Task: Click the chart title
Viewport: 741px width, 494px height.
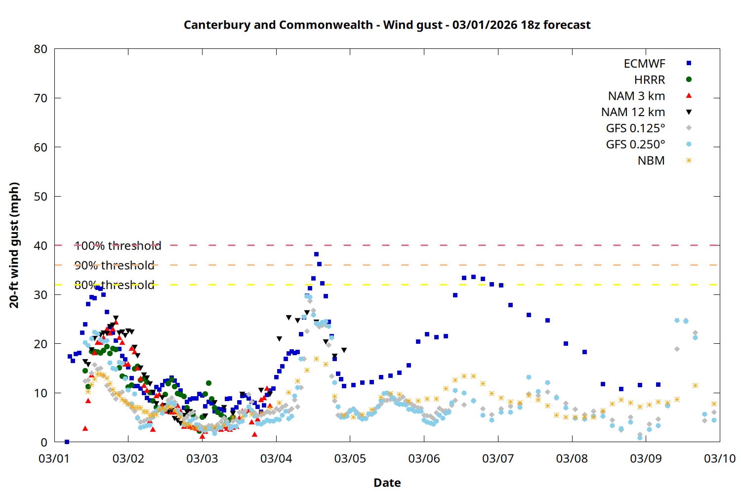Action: point(387,25)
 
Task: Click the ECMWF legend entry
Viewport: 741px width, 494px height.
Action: point(644,64)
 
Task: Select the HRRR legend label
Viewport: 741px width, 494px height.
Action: point(650,80)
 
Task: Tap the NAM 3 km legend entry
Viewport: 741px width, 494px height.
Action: point(636,96)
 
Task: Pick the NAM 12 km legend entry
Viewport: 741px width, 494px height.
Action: point(633,112)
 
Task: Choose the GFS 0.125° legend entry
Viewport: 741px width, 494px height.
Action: point(635,128)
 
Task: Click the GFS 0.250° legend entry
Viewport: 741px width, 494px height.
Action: point(635,145)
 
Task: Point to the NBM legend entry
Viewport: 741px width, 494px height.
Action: point(651,161)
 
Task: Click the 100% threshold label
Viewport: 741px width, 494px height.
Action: point(118,246)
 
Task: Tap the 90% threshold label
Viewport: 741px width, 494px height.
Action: point(114,265)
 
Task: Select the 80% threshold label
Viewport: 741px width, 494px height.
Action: point(114,285)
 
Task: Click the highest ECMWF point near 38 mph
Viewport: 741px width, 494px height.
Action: point(316,254)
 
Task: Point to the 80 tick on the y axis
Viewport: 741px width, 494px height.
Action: point(41,49)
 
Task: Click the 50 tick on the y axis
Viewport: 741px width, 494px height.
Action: point(41,196)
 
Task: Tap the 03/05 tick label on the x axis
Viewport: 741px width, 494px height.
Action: point(350,458)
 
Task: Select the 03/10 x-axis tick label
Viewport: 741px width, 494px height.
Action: point(719,458)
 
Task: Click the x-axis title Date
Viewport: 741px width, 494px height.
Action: point(387,483)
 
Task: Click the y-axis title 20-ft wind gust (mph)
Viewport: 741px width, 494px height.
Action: point(14,245)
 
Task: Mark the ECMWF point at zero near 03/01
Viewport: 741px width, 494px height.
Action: point(67,442)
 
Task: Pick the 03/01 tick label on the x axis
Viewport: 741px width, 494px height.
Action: point(54,458)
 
